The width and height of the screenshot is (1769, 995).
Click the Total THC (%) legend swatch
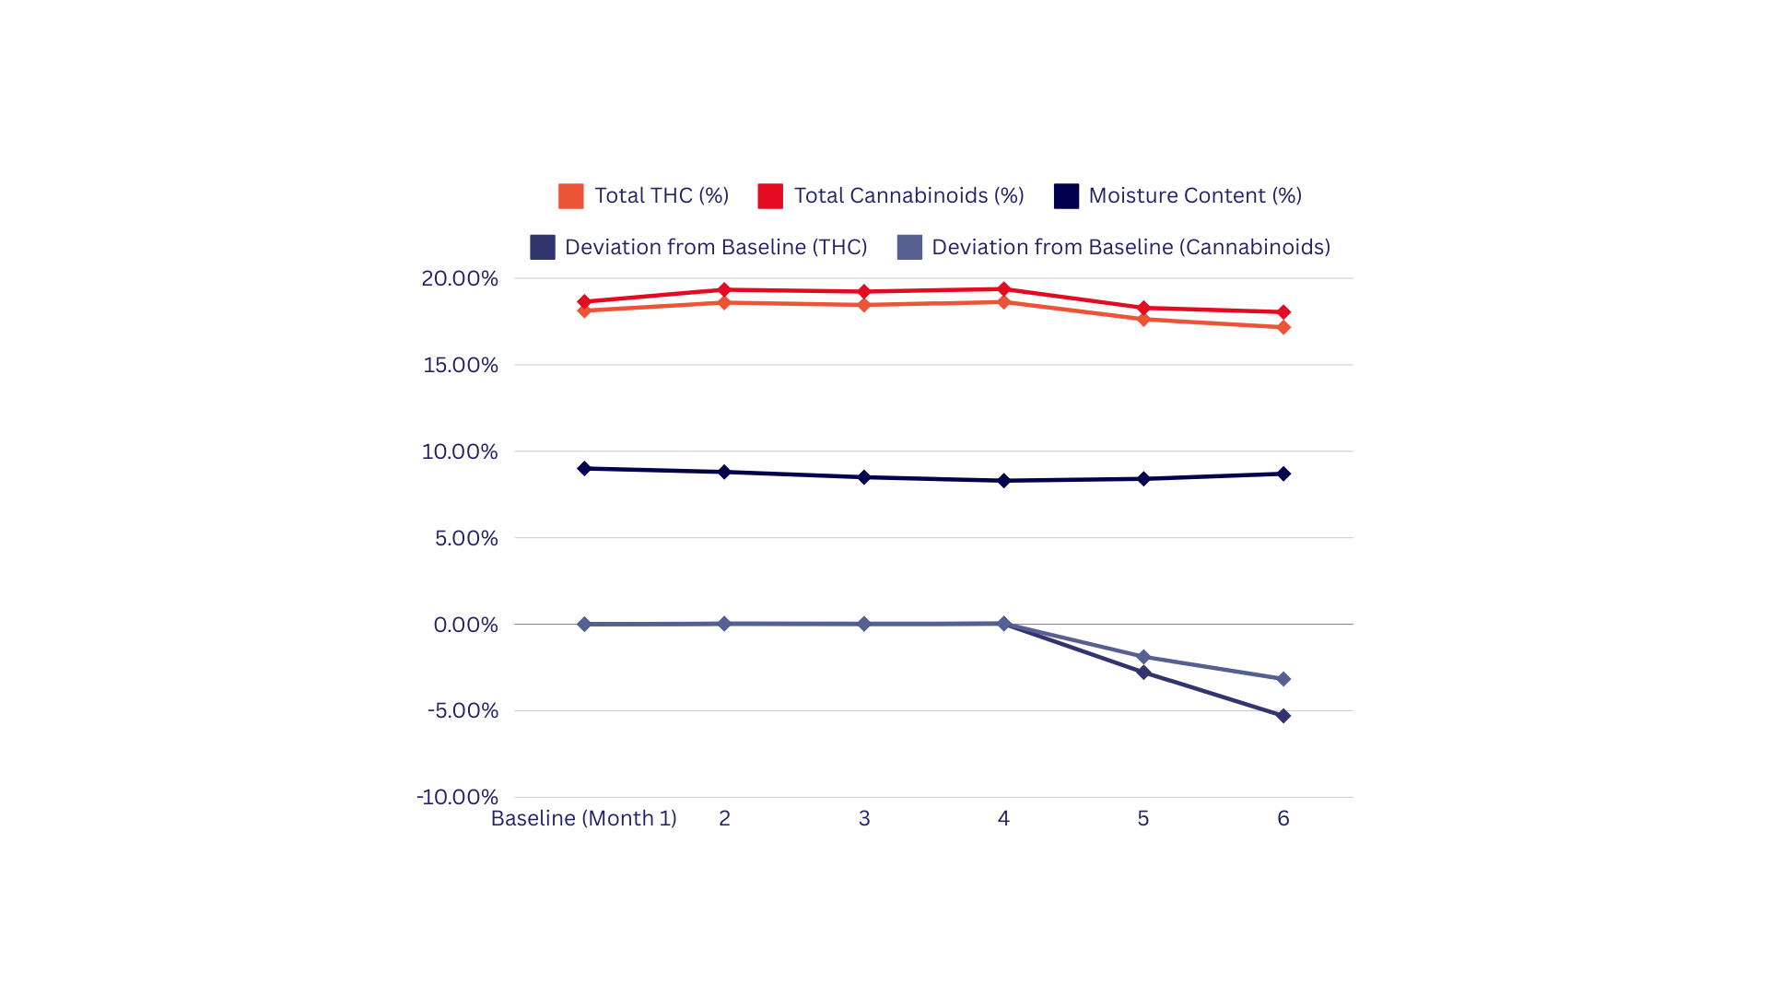pyautogui.click(x=570, y=196)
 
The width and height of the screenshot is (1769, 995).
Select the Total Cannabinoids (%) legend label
pyautogui.click(x=908, y=195)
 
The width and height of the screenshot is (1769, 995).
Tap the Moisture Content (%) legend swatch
pyautogui.click(x=1066, y=196)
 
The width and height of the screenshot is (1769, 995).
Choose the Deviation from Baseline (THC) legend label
pyautogui.click(x=716, y=247)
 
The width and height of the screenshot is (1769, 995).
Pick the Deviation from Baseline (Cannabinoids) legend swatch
pyautogui.click(x=909, y=247)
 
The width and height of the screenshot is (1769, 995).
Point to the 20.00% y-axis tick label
pyautogui.click(x=460, y=278)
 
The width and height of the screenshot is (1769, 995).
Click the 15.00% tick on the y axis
pyautogui.click(x=461, y=365)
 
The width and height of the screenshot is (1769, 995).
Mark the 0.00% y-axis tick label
pyautogui.click(x=465, y=625)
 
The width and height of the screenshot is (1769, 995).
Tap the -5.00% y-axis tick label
pyautogui.click(x=463, y=710)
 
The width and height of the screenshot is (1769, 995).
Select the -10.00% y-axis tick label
pyautogui.click(x=457, y=797)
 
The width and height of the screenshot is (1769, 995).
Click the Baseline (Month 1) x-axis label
pyautogui.click(x=584, y=818)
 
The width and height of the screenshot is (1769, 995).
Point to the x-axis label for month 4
pyautogui.click(x=1003, y=818)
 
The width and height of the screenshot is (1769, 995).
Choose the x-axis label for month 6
pyautogui.click(x=1283, y=818)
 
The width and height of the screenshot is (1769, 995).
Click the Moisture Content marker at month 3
pyautogui.click(x=864, y=477)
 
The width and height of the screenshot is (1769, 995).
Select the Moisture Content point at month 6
pyautogui.click(x=1283, y=474)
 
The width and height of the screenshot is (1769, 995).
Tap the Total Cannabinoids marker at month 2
pyautogui.click(x=724, y=290)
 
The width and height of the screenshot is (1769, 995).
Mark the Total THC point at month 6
pyautogui.click(x=1283, y=327)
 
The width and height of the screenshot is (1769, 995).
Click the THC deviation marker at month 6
pyautogui.click(x=1283, y=716)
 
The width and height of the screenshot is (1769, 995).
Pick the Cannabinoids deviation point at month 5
pyautogui.click(x=1143, y=657)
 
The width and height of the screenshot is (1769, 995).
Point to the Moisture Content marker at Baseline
pyautogui.click(x=584, y=469)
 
